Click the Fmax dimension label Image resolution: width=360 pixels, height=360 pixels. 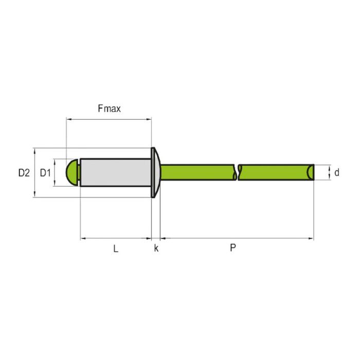[x=109, y=109]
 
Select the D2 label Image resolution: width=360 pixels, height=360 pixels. [x=24, y=173]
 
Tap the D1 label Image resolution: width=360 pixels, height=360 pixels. [x=45, y=173]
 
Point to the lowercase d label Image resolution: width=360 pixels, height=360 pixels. [x=336, y=173]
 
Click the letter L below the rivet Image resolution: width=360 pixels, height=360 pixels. [x=116, y=248]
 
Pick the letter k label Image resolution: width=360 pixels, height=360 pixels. [x=156, y=248]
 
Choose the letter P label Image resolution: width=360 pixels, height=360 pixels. [x=233, y=248]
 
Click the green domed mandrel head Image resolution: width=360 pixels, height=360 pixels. [x=73, y=172]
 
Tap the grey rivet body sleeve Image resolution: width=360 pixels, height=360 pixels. [x=116, y=172]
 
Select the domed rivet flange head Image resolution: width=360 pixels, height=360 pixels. [x=155, y=172]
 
